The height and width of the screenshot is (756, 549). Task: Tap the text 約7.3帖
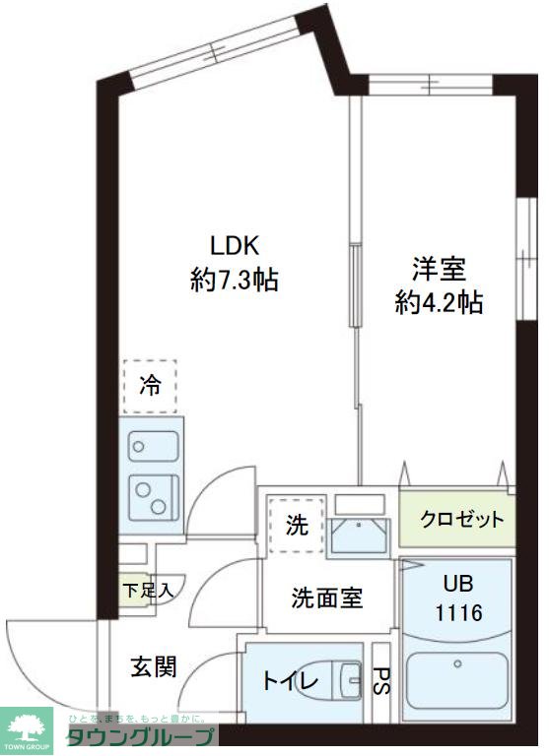(235, 281)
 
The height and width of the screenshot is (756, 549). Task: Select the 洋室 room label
(439, 268)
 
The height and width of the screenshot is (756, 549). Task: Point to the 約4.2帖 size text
(439, 303)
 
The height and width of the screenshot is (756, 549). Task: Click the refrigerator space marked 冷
(149, 386)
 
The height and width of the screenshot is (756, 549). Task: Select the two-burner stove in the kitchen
(153, 491)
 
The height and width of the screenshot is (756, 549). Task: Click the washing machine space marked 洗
(295, 525)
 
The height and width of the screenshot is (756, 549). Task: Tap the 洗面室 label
(326, 597)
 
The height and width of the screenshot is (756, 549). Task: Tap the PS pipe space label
(382, 681)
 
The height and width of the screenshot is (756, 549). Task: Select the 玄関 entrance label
(154, 666)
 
